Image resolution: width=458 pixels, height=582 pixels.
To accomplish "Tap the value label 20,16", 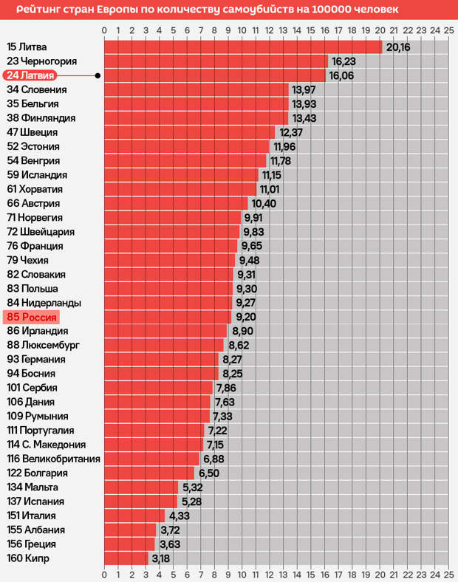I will [398, 47].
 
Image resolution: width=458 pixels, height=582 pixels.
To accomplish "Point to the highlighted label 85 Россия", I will [31, 317].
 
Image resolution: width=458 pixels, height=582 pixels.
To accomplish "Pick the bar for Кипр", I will [126, 558].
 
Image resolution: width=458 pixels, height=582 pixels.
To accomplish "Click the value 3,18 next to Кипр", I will [161, 558].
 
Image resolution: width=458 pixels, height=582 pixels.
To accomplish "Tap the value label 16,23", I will [344, 61].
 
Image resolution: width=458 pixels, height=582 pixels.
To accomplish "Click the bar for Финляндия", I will [196, 118].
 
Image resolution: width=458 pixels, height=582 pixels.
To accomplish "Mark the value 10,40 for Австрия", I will [264, 203].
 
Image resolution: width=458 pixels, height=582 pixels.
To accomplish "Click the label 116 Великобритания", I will [53, 459].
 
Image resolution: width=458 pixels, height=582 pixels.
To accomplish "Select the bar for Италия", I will [134, 516].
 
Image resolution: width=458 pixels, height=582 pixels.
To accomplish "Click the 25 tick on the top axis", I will [448, 30].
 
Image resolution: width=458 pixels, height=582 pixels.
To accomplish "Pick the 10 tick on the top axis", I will [242, 30].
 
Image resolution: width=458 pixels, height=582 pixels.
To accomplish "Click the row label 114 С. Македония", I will [47, 445].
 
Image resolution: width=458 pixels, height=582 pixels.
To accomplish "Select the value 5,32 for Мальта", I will [191, 487].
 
